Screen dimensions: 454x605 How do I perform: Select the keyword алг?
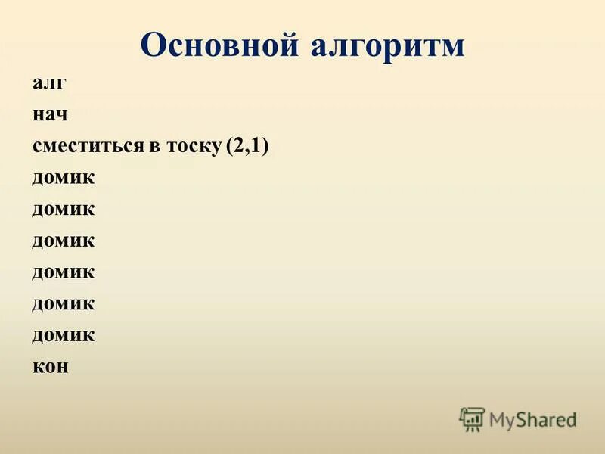49,84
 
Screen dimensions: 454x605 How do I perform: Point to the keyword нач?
51,115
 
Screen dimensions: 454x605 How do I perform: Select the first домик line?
64,177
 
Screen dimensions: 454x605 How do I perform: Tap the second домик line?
64,208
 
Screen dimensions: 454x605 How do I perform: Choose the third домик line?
64,240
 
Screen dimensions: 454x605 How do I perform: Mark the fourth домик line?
64,271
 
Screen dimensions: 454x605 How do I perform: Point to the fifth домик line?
64,303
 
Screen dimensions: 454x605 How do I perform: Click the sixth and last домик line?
64,334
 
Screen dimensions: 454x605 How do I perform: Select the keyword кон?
51,365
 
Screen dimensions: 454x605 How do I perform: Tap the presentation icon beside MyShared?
472,418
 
